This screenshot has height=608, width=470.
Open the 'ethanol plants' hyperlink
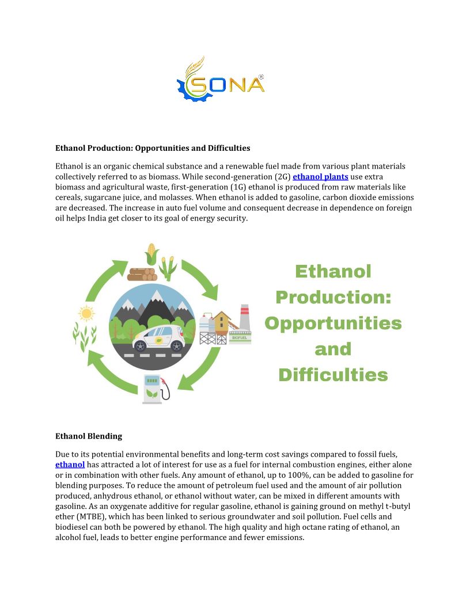(320, 177)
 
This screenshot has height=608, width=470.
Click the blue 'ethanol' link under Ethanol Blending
(70, 465)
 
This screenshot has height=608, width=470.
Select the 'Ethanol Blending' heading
(88, 436)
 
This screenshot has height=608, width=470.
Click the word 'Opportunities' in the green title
(333, 323)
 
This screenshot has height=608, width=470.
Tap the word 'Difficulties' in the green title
(333, 375)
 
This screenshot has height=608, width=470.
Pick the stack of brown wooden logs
(141, 273)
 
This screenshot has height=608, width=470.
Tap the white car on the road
(158, 338)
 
